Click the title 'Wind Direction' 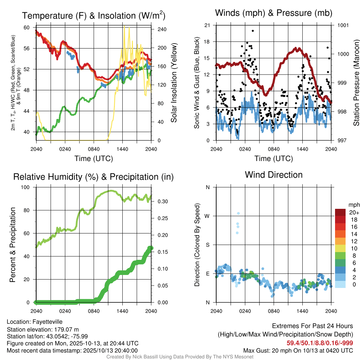coord(274,175)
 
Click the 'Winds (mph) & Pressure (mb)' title coord(274,13)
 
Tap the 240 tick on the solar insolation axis coord(162,29)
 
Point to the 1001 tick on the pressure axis coord(343,25)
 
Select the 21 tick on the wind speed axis coord(207,25)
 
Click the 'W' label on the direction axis coord(207,216)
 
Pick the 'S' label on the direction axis coord(207,245)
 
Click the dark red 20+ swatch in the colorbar coord(340,212)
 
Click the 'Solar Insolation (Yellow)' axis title coord(174,83)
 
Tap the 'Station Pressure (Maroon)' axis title coord(356,83)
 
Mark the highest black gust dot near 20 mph coord(252,31)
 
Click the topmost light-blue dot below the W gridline coord(238,213)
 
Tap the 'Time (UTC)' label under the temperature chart coord(94,159)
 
